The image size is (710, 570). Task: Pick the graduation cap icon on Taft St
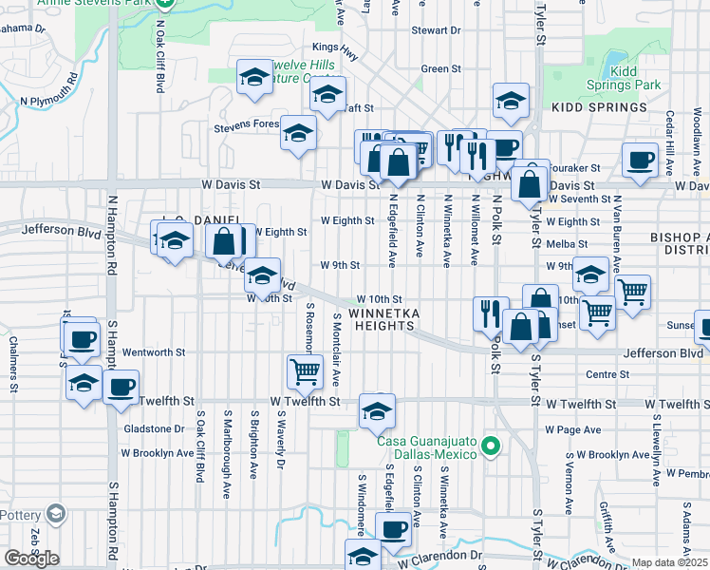click(327, 96)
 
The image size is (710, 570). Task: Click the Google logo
click(31, 558)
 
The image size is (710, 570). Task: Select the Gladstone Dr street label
click(154, 429)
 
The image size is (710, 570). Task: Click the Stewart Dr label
click(436, 30)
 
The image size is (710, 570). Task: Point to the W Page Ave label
click(573, 429)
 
